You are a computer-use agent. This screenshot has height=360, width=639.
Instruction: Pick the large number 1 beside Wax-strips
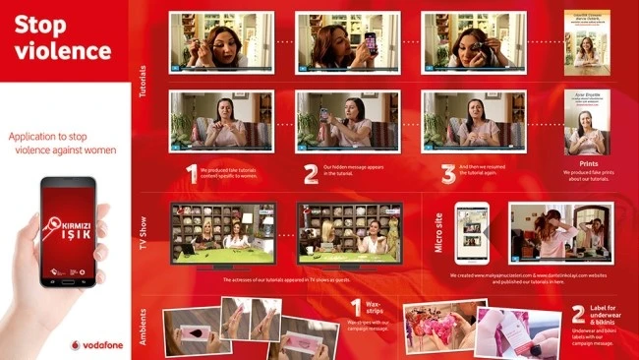[357, 309]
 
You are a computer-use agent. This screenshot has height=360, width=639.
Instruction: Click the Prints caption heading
[588, 163]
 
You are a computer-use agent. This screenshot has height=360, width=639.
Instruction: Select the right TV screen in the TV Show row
[350, 235]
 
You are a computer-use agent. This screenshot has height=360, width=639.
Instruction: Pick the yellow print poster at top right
[588, 39]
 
